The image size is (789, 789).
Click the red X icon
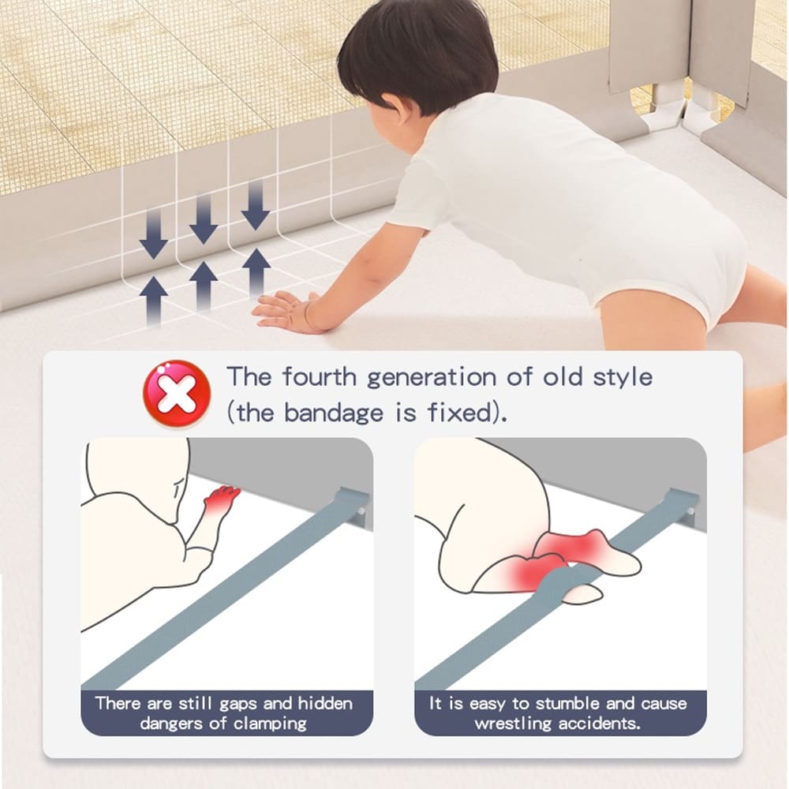pyautogui.click(x=177, y=393)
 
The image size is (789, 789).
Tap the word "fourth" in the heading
pyautogui.click(x=320, y=376)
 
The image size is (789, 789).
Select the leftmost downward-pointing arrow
pyautogui.click(x=154, y=234)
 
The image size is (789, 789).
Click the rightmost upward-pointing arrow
pyautogui.click(x=256, y=271)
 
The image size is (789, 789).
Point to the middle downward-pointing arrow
pyautogui.click(x=204, y=219)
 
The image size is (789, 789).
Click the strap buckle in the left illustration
pyautogui.click(x=354, y=504)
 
